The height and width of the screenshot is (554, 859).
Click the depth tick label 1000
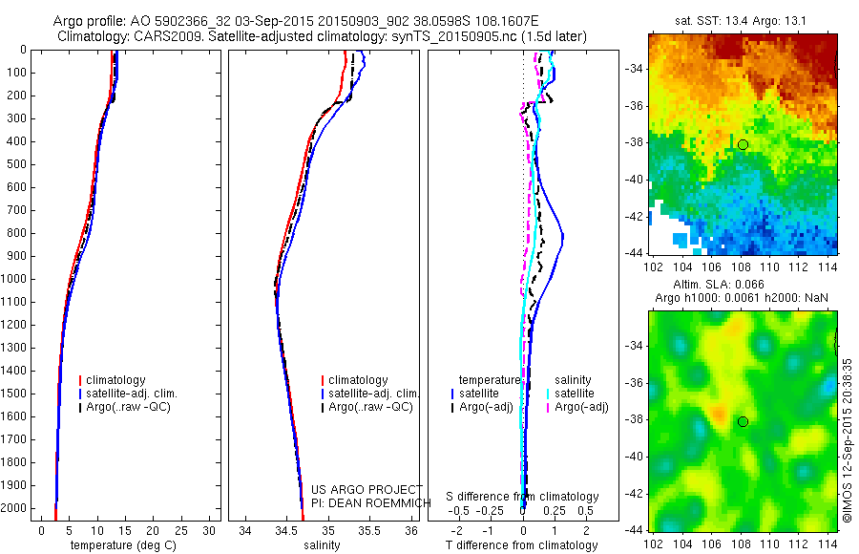(14, 279)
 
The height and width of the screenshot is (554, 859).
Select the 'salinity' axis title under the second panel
(322, 545)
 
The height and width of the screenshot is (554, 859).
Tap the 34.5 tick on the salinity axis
(286, 529)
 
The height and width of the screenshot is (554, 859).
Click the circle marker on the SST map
(743, 144)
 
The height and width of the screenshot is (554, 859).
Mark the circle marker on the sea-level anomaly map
(743, 421)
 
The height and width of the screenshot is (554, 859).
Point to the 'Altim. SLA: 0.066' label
(743, 286)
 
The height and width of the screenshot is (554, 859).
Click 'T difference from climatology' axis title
(523, 545)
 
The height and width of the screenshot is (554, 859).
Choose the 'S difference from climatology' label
(523, 497)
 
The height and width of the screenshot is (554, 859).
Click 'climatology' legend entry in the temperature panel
(115, 380)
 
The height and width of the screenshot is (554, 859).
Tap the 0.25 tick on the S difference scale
(554, 510)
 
